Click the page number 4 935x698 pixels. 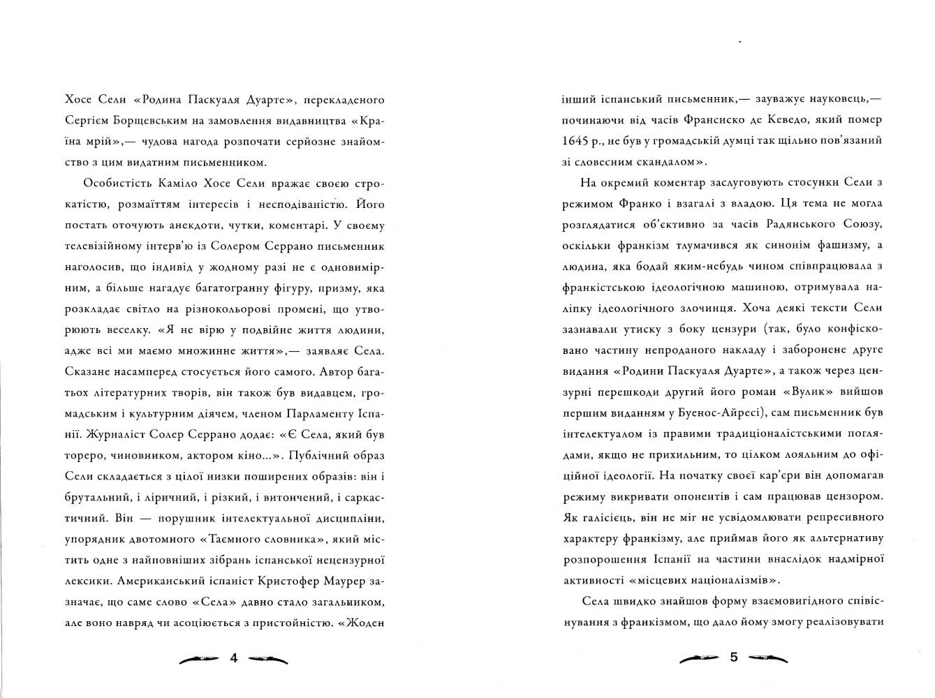234,658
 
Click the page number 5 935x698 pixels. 733,658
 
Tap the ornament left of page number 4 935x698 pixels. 200,658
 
